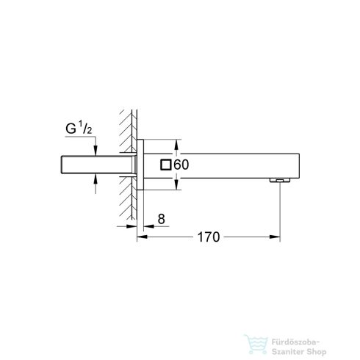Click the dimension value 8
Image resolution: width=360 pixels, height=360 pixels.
point(151,218)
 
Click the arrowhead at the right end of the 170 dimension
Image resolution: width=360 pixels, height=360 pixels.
point(276,237)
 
